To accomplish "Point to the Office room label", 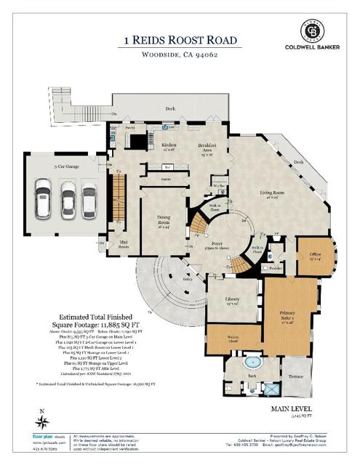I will point(315,256).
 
